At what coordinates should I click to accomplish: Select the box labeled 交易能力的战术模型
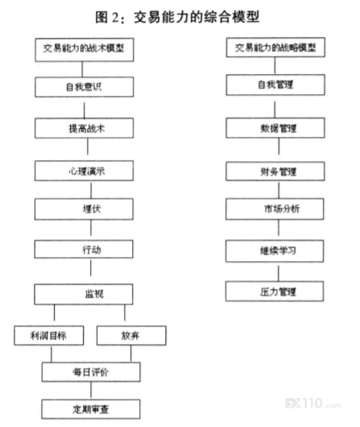point(84,50)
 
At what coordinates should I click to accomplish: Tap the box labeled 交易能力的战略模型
point(275,48)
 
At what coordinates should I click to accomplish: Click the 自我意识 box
point(84,87)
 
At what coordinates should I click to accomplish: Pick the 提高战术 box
point(84,128)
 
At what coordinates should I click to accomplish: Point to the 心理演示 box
point(84,171)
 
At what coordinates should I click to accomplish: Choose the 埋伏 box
point(84,209)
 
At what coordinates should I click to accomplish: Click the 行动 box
point(84,249)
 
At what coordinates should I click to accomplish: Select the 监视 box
point(84,294)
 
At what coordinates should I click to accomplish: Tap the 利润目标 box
point(49,335)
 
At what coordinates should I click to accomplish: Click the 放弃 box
point(131,335)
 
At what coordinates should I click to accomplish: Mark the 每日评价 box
point(91,371)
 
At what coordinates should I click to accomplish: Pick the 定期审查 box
point(91,409)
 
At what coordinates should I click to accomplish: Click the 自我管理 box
point(275,85)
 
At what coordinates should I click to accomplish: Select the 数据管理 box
point(275,128)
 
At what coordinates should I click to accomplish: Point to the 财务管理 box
point(275,171)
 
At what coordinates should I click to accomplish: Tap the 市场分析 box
point(275,209)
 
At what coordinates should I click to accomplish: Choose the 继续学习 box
point(275,251)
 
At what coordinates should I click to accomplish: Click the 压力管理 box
point(275,292)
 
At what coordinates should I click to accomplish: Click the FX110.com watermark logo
point(313,404)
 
